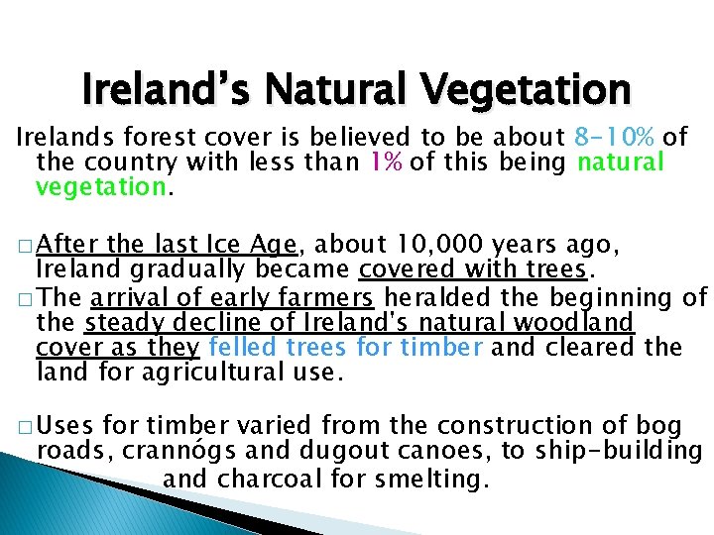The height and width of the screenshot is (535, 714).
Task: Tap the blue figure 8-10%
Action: [x=615, y=137]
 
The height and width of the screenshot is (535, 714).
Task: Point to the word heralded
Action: [x=433, y=296]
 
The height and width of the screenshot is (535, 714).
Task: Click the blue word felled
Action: [x=245, y=348]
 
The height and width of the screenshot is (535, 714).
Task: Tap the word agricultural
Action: [x=200, y=374]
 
